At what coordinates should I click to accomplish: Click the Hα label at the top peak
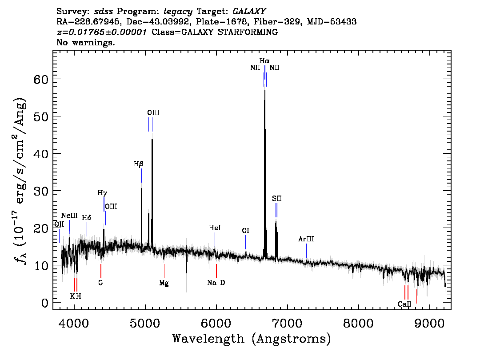(x=264, y=60)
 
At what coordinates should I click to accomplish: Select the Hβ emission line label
(x=139, y=164)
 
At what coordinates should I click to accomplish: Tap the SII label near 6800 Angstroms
(x=277, y=198)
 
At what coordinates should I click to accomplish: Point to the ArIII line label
(x=306, y=239)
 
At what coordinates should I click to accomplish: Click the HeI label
(x=215, y=228)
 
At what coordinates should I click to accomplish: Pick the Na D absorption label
(x=216, y=283)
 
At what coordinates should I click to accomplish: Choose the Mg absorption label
(x=164, y=283)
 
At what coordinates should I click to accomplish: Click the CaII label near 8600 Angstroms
(x=405, y=304)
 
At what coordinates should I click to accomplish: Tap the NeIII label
(x=69, y=216)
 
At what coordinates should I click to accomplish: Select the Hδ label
(x=87, y=218)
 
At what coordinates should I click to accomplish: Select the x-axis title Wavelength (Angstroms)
(x=252, y=339)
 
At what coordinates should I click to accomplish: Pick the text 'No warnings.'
(x=86, y=43)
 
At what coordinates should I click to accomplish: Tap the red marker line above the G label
(x=101, y=271)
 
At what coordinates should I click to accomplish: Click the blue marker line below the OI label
(x=246, y=243)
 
